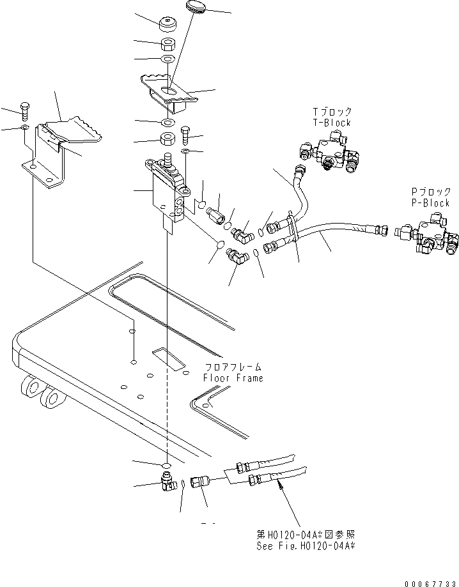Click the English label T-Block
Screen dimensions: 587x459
332,123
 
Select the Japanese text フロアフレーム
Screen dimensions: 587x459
233,367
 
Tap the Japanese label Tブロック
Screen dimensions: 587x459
332,112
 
